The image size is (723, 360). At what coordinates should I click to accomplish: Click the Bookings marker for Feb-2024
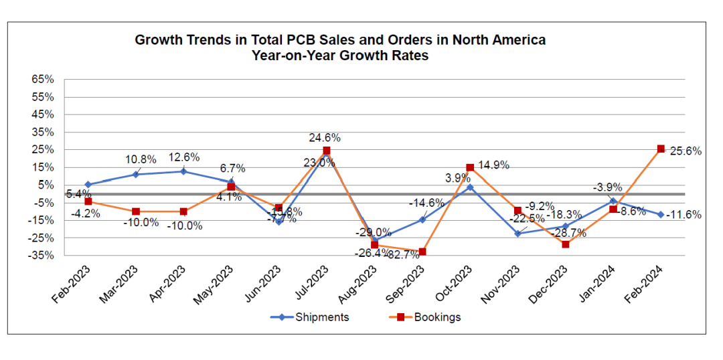(661, 149)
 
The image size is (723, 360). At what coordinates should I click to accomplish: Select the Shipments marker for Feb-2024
(661, 215)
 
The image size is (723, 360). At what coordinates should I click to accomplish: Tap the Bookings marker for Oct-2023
(470, 168)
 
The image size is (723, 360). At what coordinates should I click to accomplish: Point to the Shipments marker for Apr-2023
(183, 171)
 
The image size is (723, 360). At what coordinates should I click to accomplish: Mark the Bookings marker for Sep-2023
(422, 252)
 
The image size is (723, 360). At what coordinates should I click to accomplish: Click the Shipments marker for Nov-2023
(517, 234)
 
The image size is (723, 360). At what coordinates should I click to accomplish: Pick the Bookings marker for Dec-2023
(566, 244)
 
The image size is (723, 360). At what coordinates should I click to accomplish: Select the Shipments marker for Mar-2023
(136, 175)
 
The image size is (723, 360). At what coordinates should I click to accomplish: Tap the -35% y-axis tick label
(42, 255)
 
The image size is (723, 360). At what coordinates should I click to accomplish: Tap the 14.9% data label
(494, 165)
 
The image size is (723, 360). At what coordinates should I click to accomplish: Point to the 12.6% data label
(183, 157)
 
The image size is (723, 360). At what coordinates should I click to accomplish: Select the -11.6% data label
(684, 215)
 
